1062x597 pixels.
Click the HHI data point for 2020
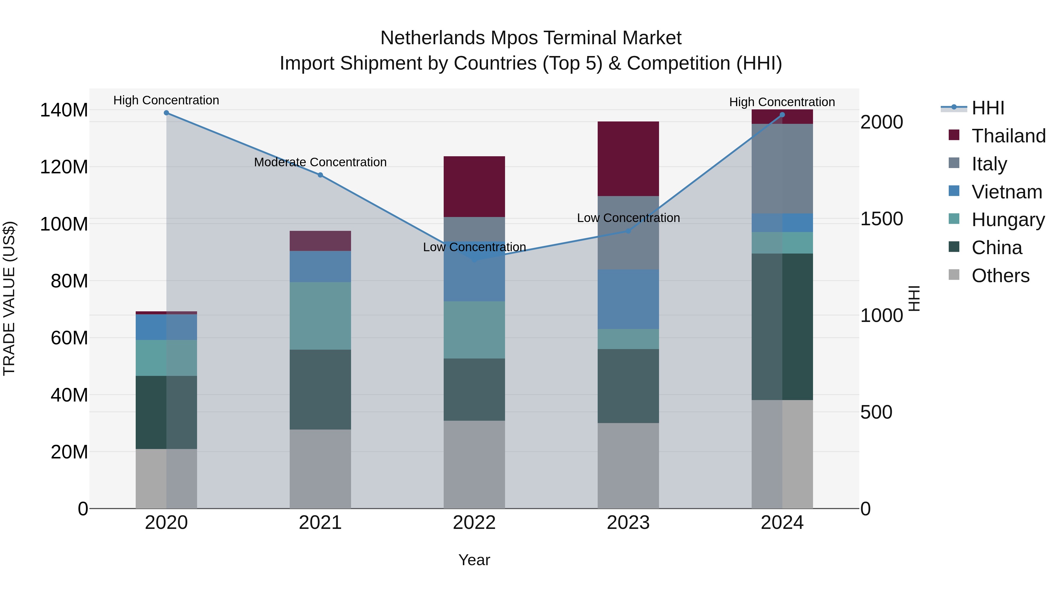pyautogui.click(x=166, y=113)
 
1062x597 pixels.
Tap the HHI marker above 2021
pyautogui.click(x=320, y=175)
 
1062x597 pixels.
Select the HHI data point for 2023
pyautogui.click(x=628, y=231)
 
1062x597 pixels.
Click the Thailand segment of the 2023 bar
pyautogui.click(x=628, y=159)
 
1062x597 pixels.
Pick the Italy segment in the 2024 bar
pyautogui.click(x=782, y=169)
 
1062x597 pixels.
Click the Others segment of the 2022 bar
pyautogui.click(x=474, y=464)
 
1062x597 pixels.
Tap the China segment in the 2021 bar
pyautogui.click(x=320, y=389)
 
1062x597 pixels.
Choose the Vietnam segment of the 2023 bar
pyautogui.click(x=628, y=299)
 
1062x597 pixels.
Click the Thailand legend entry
pyautogui.click(x=1008, y=136)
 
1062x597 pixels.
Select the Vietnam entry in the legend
pyautogui.click(x=1006, y=192)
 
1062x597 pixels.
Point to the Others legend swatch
pyautogui.click(x=954, y=275)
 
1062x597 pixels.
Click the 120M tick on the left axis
pyautogui.click(x=64, y=167)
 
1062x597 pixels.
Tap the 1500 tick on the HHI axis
pyautogui.click(x=881, y=219)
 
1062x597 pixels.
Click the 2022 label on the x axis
pyautogui.click(x=474, y=523)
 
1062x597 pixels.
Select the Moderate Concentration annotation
pyautogui.click(x=320, y=162)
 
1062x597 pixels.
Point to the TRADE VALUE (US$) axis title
pyautogui.click(x=9, y=298)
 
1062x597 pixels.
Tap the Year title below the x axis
pyautogui.click(x=474, y=560)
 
